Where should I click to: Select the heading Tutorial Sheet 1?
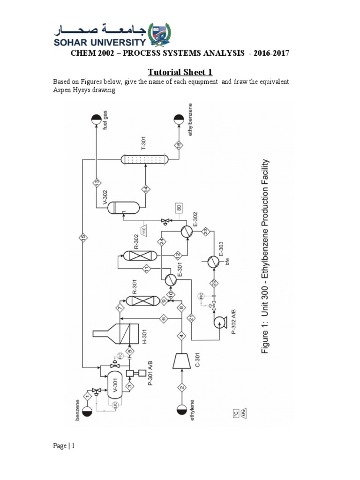click(180, 72)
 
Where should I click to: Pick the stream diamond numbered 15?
click(83, 238)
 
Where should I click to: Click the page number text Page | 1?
click(63, 446)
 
